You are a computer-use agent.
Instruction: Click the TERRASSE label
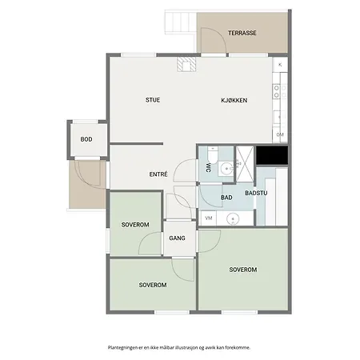click(242, 33)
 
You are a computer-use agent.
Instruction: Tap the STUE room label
click(153, 100)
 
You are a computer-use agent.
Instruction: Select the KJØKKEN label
click(234, 100)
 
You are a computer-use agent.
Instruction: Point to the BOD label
click(86, 139)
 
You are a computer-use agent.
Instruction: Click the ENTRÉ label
click(158, 174)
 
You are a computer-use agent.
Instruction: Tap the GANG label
click(177, 238)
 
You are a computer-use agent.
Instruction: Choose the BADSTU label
click(256, 193)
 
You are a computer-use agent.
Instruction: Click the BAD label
click(226, 198)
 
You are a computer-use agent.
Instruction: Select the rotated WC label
click(208, 167)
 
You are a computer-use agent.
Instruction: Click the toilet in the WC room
click(213, 154)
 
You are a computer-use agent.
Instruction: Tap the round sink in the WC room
click(226, 169)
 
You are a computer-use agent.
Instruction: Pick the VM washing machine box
click(209, 218)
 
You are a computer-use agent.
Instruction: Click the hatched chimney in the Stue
click(186, 64)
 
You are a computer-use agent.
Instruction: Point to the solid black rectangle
click(272, 155)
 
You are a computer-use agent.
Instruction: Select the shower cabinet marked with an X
click(245, 164)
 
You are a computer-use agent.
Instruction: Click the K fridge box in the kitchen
click(280, 65)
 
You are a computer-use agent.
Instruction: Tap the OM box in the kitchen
click(280, 134)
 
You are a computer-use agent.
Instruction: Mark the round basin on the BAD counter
click(233, 218)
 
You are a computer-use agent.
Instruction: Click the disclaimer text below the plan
click(179, 347)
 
